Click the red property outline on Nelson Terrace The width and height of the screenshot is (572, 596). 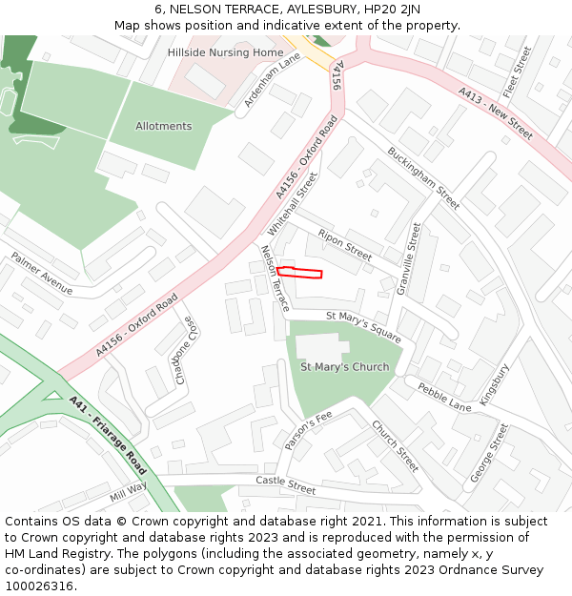(x=299, y=273)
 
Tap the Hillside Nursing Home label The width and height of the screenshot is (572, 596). (x=226, y=52)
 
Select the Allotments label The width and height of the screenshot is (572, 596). (x=163, y=126)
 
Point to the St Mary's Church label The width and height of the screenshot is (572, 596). (x=344, y=366)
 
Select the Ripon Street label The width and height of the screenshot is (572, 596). (x=344, y=244)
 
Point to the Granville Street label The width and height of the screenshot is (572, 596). (x=409, y=258)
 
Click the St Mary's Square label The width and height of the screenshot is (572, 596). (x=363, y=327)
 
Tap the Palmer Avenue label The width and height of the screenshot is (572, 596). (x=41, y=273)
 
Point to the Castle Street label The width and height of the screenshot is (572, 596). (x=285, y=485)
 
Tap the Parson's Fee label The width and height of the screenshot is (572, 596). (x=307, y=430)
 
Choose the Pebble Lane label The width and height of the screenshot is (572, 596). (x=444, y=397)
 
